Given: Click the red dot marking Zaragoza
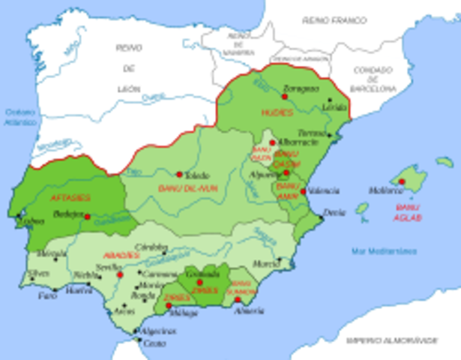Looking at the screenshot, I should point(285,96).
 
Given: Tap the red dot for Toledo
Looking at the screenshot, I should point(179,174).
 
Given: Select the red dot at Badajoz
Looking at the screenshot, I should point(88,217).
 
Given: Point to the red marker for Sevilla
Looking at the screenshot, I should point(119,274).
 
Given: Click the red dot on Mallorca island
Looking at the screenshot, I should point(402,181).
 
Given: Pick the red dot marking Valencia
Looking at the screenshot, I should point(303,191).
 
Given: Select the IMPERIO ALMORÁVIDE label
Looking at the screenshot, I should point(391,340).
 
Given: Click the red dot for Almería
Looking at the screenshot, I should point(238,299).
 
